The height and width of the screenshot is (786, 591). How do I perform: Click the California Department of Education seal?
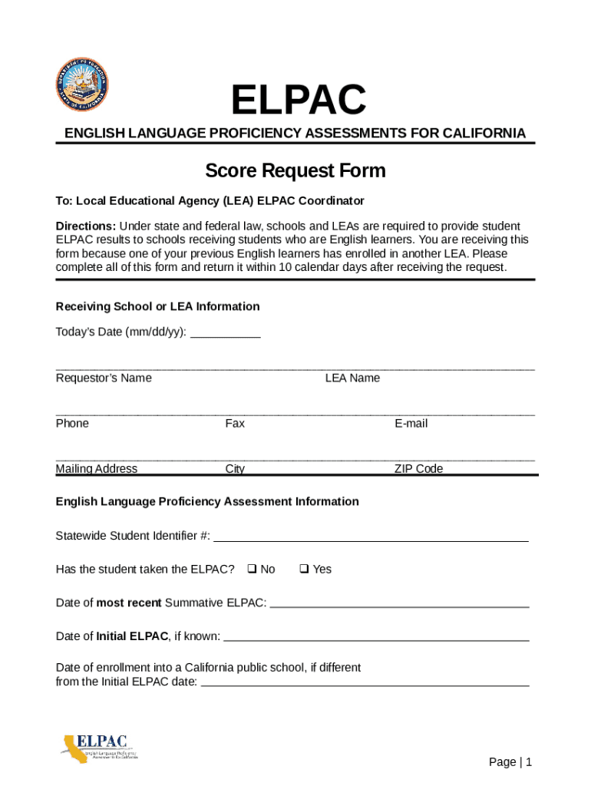pos(82,84)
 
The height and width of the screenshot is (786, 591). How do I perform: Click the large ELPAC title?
pos(299,100)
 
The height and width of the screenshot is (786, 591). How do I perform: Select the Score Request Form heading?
pos(295,170)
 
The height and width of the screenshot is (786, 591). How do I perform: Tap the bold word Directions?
pos(85,226)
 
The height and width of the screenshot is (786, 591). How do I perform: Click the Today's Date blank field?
pos(225,332)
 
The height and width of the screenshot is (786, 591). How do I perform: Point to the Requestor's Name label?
pos(104,378)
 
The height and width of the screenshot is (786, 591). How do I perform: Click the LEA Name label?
pos(352,378)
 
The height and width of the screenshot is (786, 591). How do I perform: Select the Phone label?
pos(72,424)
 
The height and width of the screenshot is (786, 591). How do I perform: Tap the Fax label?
pos(235,424)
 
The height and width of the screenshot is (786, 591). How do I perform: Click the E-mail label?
pos(411,424)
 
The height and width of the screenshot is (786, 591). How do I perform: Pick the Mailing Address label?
pos(97,469)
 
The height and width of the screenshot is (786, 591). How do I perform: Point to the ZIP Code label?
pos(418,469)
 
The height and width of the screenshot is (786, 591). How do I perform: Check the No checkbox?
pos(252,569)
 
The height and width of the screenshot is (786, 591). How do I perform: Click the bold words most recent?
pos(129,603)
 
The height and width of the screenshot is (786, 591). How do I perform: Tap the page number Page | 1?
pos(510,762)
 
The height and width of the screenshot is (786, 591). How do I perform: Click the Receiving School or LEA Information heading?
pos(157,307)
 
